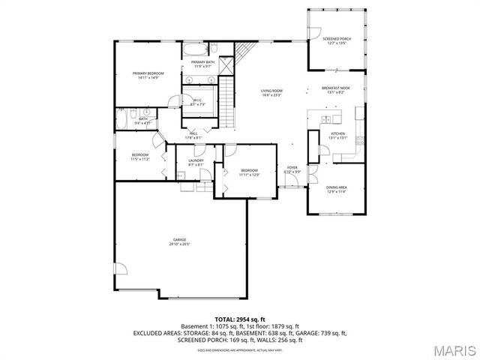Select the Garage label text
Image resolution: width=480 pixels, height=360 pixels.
[179, 240]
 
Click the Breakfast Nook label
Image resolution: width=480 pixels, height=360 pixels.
[337, 88]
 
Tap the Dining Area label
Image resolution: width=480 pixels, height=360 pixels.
[336, 187]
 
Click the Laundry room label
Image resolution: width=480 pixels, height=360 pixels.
[196, 160]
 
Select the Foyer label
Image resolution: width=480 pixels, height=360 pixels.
[292, 168]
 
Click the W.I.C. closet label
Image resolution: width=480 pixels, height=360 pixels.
[197, 100]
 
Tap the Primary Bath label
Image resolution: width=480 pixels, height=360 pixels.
[202, 62]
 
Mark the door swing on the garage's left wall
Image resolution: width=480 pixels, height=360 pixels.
[118, 270]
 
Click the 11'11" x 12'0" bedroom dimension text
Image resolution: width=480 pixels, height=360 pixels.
[250, 175]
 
